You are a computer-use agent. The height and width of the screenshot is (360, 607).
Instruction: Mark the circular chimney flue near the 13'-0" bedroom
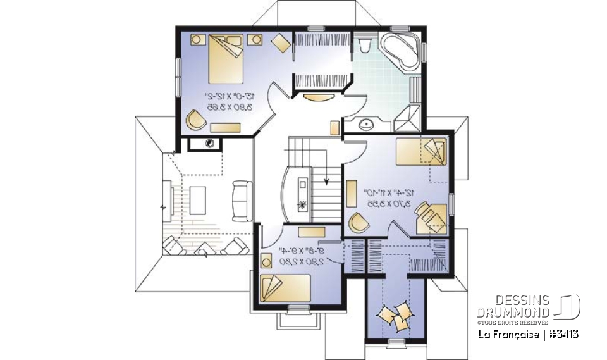tap(209, 143)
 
